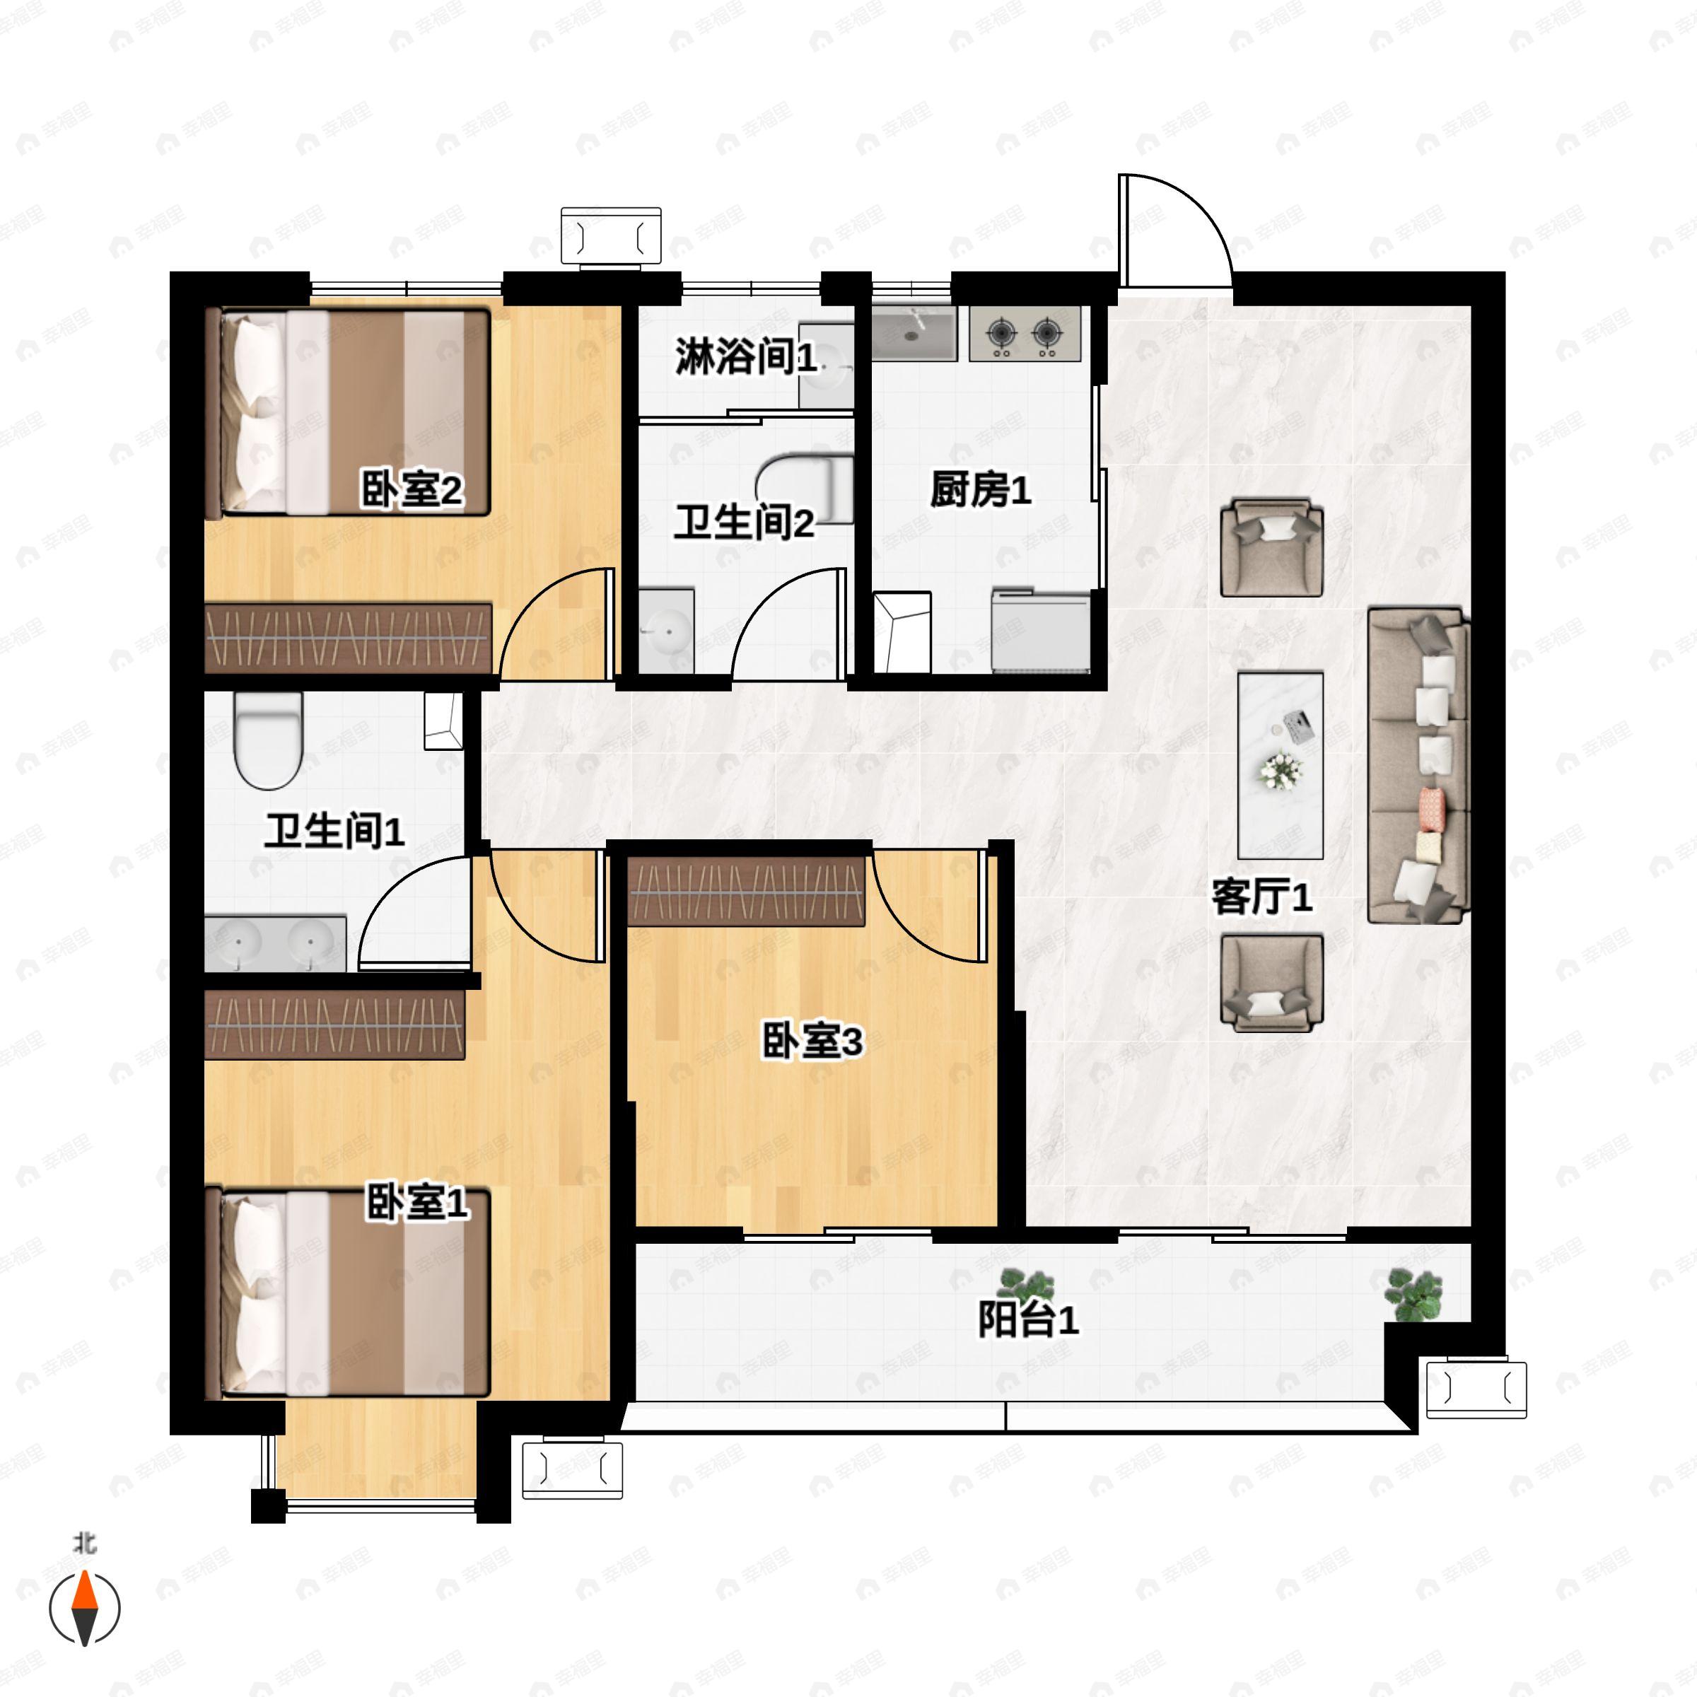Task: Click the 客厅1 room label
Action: (1261, 897)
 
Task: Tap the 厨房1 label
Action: (979, 489)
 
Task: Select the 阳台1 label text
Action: (1027, 1319)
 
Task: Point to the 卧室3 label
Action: (812, 1041)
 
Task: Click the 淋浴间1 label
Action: (745, 356)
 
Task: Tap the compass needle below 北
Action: (84, 1607)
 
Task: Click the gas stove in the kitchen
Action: (1024, 333)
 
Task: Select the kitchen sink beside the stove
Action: (914, 333)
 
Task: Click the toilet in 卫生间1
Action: (268, 739)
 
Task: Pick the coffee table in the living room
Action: (1280, 765)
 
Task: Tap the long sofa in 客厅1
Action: (1417, 765)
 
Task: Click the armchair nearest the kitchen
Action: (1271, 548)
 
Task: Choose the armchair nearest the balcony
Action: (1271, 982)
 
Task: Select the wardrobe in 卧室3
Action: (747, 892)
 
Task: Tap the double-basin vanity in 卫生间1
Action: (275, 944)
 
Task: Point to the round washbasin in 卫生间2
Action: (666, 629)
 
